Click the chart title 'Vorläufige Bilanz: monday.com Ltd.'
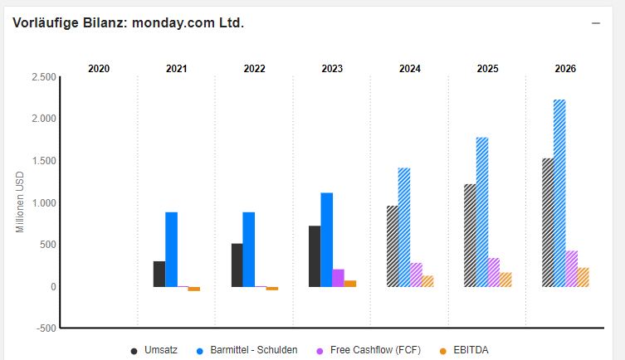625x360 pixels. coord(129,22)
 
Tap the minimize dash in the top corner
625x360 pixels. coord(595,23)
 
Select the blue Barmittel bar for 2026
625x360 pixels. coord(559,193)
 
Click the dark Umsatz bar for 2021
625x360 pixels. coord(159,274)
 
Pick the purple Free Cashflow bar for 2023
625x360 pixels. coord(338,278)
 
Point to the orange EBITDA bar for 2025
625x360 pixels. coord(505,280)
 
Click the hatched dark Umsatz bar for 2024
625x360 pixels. coord(393,246)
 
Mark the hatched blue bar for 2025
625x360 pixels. coord(482,212)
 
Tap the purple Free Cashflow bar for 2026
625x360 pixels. coord(571,269)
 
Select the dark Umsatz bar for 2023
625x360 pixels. coord(315,256)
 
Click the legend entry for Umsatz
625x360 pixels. coord(154,350)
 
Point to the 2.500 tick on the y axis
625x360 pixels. coord(43,77)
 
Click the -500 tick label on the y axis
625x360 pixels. coord(46,328)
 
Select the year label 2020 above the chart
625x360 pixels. coord(99,69)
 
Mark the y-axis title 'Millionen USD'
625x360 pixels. coord(21,202)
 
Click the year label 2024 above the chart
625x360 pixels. coord(409,69)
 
